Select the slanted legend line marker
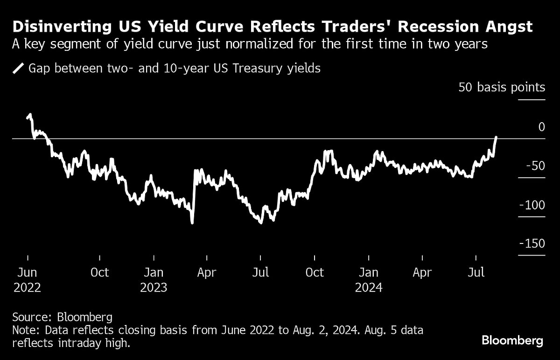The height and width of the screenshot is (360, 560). coord(18,69)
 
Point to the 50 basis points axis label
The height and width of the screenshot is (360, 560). coord(501,87)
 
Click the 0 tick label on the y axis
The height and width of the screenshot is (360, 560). coord(541,127)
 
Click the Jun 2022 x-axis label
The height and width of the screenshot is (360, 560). coord(27,280)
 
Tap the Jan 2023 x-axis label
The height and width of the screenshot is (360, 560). coord(154,280)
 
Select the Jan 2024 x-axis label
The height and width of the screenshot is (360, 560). coord(369,280)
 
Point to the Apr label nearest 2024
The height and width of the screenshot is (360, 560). coord(422,273)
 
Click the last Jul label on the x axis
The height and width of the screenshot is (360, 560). coord(476,273)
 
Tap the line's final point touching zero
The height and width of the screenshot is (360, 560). coord(496,137)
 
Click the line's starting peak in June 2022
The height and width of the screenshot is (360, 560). coord(30,115)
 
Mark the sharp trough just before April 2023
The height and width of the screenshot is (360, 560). coord(192,222)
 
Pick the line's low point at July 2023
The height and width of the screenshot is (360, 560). coord(260,222)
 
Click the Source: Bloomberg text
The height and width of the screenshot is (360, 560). coord(62,318)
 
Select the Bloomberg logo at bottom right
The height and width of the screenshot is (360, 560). coord(512,341)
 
